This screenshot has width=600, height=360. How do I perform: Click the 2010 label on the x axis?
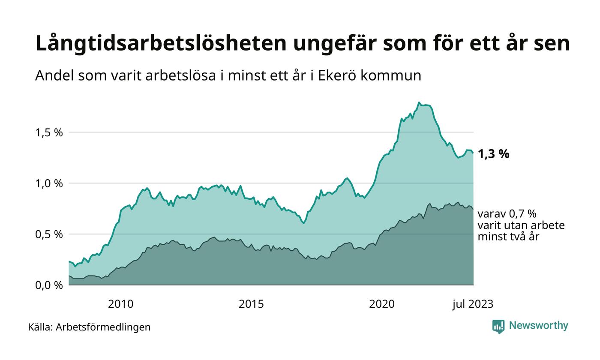point(120,304)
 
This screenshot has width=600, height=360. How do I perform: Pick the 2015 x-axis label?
point(251,304)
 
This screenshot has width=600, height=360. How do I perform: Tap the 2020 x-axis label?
point(382,304)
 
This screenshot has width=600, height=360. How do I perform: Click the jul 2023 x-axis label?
point(473,304)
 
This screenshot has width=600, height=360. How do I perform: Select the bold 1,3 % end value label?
point(493,154)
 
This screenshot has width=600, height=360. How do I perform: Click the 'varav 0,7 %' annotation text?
point(507,214)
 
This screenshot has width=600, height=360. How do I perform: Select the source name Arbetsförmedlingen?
point(103,327)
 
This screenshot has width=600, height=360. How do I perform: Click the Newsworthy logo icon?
point(498,326)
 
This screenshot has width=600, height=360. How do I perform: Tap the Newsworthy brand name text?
point(538,326)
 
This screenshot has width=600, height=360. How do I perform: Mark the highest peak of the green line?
point(419,102)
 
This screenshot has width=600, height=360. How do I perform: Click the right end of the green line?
point(473,153)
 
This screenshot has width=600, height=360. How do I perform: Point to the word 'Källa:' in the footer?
point(40,327)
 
